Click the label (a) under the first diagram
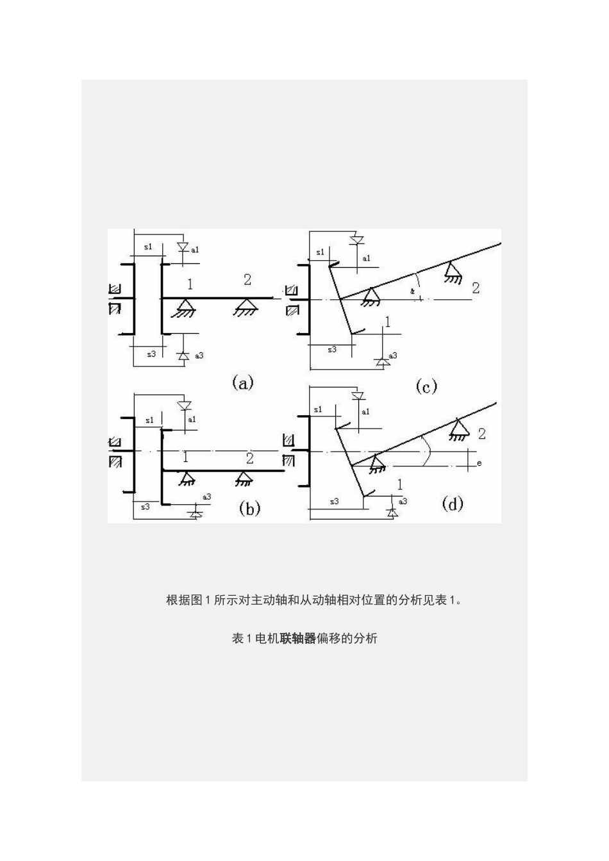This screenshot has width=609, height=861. (242, 382)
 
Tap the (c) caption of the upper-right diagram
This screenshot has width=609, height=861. (426, 386)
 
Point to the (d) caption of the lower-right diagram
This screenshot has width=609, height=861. (453, 504)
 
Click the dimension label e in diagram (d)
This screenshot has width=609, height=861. (480, 461)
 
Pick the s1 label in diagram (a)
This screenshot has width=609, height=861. (148, 247)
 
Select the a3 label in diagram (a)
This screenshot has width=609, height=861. (199, 355)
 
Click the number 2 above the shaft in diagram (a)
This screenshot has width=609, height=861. (247, 279)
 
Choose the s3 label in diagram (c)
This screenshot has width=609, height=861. (331, 350)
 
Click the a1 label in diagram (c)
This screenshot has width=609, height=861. (366, 258)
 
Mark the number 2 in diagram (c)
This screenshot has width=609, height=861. (476, 288)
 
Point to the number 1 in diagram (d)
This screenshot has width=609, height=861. (401, 485)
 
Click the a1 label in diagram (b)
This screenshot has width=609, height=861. (191, 419)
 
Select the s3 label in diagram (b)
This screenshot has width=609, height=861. (145, 506)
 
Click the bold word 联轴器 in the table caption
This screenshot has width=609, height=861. (298, 638)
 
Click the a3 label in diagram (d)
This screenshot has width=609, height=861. (403, 502)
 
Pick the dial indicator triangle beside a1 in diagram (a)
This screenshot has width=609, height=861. (182, 247)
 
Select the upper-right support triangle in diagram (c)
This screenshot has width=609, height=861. (453, 271)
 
